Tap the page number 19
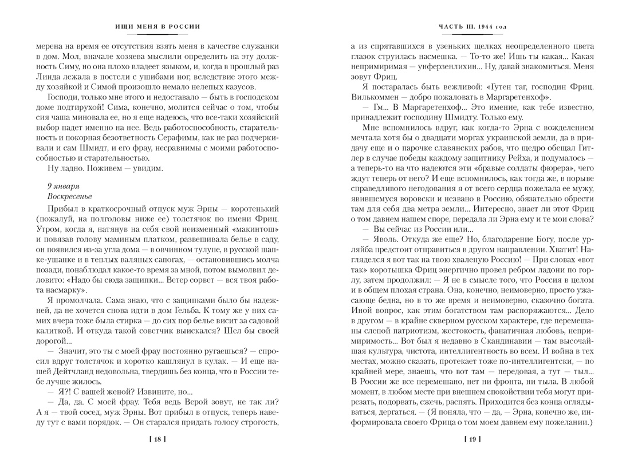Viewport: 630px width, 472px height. coord(472,439)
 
